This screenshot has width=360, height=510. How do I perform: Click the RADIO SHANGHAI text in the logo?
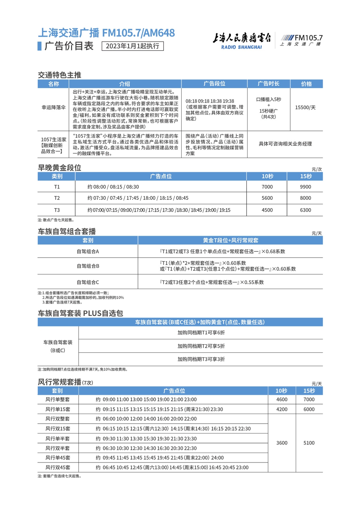pos(241,47)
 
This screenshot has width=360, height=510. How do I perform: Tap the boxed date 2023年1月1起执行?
pos(132,46)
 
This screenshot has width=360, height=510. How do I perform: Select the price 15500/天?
pos(305,108)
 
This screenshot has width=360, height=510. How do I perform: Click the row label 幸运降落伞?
pos(53,108)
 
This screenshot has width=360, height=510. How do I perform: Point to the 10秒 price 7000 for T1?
pos(267,187)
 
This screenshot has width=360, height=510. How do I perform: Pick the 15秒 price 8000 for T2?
pos(305,198)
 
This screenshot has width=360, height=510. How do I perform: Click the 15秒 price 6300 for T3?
pos(305,210)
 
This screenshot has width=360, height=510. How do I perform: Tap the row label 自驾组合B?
pos(88,266)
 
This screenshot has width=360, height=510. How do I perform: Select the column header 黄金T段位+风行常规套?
pos(230,240)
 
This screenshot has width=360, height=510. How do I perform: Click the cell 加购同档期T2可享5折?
pos(201,346)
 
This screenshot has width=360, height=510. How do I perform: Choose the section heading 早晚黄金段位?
pos(60,168)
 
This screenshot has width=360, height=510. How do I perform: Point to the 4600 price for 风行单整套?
pos(282,400)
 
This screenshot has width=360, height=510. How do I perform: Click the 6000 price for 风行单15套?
pos(309,409)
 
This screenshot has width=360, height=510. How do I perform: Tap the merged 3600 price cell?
pos(282,443)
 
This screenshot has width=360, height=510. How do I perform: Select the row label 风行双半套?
pos(58,448)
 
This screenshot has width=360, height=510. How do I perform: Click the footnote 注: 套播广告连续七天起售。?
pos(60,476)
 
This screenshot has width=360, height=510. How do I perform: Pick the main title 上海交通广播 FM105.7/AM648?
pos(106,33)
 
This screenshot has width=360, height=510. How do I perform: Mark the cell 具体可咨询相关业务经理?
pos(285,144)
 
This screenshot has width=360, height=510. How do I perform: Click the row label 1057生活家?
pos(53,140)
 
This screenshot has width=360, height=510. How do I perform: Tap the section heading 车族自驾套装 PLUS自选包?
pos(80,313)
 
